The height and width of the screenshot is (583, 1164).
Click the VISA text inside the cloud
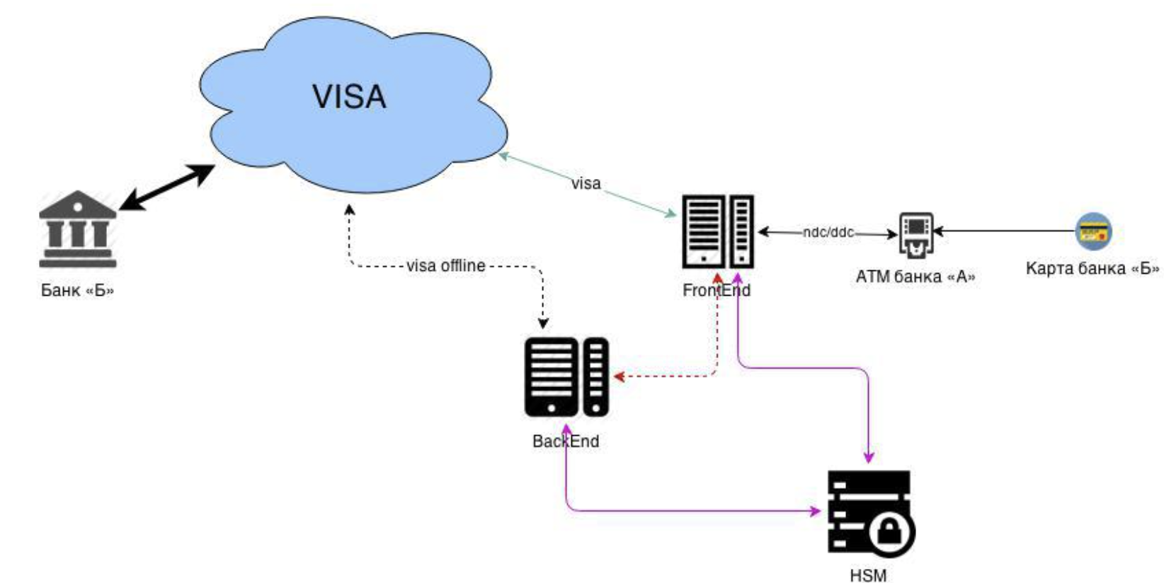(x=349, y=97)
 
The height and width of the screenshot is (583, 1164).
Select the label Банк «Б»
(x=77, y=290)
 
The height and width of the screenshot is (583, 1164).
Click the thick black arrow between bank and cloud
(x=167, y=187)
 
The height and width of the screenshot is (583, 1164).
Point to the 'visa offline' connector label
(x=445, y=266)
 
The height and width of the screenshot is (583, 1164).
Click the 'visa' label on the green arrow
(x=586, y=183)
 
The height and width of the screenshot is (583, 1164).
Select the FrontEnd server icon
(x=717, y=231)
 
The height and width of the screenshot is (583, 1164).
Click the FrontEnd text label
(x=716, y=290)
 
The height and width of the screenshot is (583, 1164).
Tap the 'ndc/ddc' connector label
(x=828, y=232)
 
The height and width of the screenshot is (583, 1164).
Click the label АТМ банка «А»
(x=915, y=277)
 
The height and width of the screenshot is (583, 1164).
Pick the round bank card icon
(x=1093, y=231)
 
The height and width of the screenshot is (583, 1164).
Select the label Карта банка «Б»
(x=1092, y=269)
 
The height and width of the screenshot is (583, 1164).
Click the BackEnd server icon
(x=566, y=376)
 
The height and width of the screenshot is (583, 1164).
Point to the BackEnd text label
(x=565, y=441)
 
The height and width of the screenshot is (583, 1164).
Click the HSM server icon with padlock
(x=870, y=513)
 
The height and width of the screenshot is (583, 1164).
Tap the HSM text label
(x=868, y=575)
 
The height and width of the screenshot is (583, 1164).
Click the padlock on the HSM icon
(x=889, y=532)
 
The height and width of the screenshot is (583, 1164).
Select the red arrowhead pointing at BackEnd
(x=618, y=376)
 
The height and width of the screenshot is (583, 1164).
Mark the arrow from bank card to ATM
(x=1005, y=231)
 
